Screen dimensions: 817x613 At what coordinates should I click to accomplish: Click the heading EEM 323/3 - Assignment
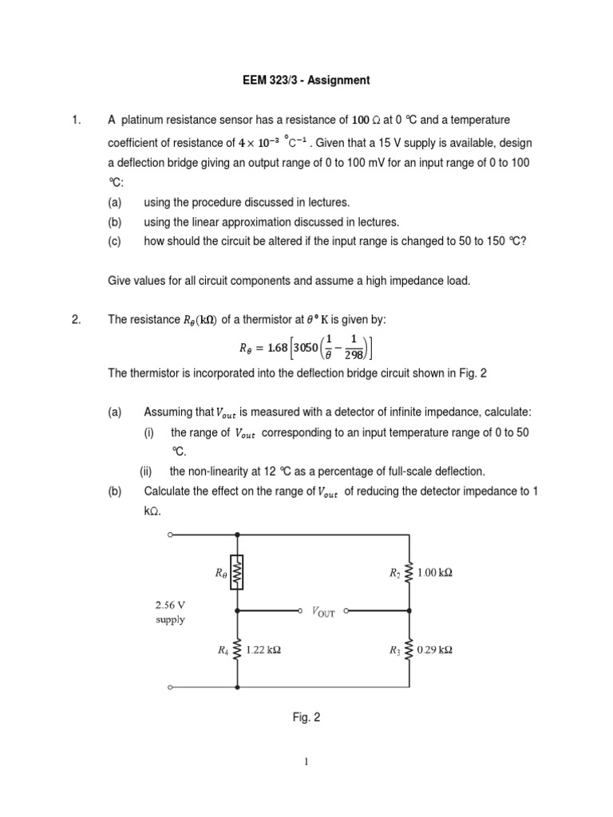pyautogui.click(x=306, y=80)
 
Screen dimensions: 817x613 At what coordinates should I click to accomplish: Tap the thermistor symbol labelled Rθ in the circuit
pyautogui.click(x=237, y=571)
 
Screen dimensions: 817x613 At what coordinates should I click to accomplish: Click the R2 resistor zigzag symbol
pyautogui.click(x=409, y=572)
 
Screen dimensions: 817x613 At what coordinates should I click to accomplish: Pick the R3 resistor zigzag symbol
pyautogui.click(x=409, y=649)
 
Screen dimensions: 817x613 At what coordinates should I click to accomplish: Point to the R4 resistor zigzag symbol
pyautogui.click(x=237, y=649)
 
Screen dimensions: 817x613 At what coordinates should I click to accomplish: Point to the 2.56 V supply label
pyautogui.click(x=171, y=613)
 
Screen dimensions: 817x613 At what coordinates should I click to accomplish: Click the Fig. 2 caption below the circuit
pyautogui.click(x=306, y=717)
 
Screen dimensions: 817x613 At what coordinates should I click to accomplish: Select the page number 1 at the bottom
pyautogui.click(x=306, y=762)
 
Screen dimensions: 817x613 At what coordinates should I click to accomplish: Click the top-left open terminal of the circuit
pyautogui.click(x=170, y=535)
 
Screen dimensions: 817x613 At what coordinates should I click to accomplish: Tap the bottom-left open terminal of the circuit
pyautogui.click(x=170, y=687)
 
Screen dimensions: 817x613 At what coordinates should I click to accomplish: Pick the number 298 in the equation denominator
pyautogui.click(x=352, y=355)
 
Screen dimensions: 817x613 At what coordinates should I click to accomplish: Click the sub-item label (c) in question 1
pyautogui.click(x=115, y=242)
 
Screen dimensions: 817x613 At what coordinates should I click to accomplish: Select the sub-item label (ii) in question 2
pyautogui.click(x=147, y=471)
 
